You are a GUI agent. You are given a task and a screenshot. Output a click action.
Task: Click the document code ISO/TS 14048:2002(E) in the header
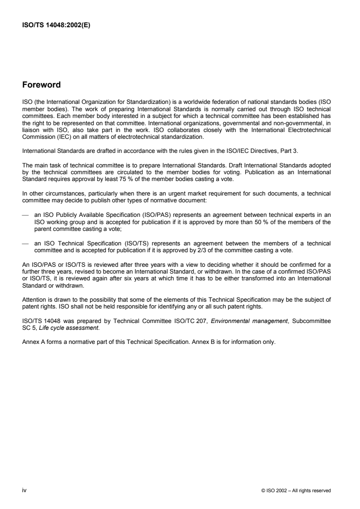56,25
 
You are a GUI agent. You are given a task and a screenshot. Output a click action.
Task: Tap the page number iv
24,477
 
